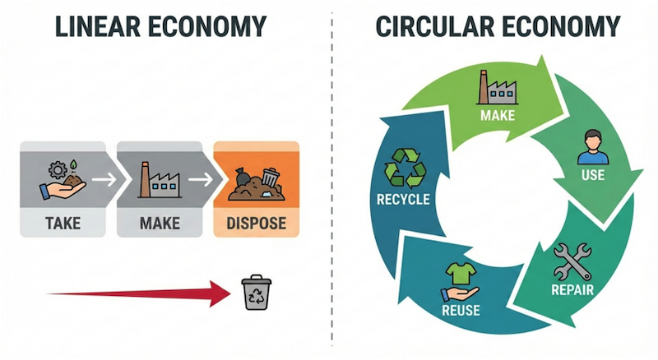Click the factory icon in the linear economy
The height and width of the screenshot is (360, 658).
tap(160, 176)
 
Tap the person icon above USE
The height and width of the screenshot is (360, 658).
tap(590, 145)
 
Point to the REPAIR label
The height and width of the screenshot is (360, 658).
tap(572, 289)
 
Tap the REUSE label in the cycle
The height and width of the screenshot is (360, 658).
tap(461, 310)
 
